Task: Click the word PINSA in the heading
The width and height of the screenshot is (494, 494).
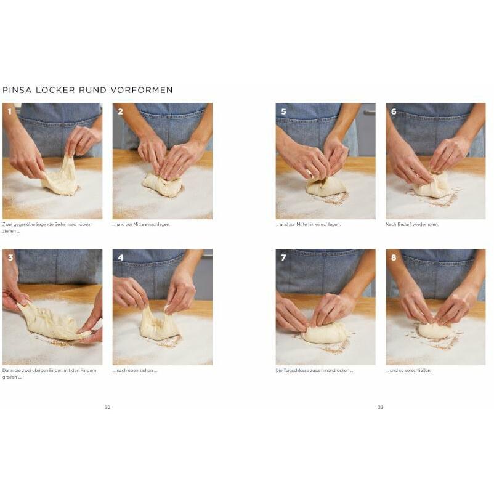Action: point(17,90)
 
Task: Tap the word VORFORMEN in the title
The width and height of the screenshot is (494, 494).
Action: point(142,90)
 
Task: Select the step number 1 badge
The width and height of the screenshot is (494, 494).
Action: point(9,111)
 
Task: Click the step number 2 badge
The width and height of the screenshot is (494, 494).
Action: point(120,111)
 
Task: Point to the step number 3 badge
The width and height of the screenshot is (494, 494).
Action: point(10,257)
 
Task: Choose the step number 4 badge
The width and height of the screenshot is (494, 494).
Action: point(121,257)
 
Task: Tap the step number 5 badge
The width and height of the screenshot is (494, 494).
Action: point(283,111)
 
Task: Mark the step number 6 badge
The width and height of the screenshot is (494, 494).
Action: point(394,111)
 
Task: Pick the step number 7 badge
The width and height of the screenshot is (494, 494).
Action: point(283,257)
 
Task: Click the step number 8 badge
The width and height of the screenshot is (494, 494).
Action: point(394,257)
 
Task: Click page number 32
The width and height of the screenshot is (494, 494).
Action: point(107,407)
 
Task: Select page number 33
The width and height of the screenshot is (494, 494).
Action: point(381,407)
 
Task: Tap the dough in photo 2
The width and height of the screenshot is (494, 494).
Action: point(162,184)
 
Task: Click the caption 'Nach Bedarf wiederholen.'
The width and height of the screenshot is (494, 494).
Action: point(412,225)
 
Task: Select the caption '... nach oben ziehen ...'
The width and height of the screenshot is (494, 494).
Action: point(135,371)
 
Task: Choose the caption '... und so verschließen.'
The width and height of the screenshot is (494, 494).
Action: point(408,371)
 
